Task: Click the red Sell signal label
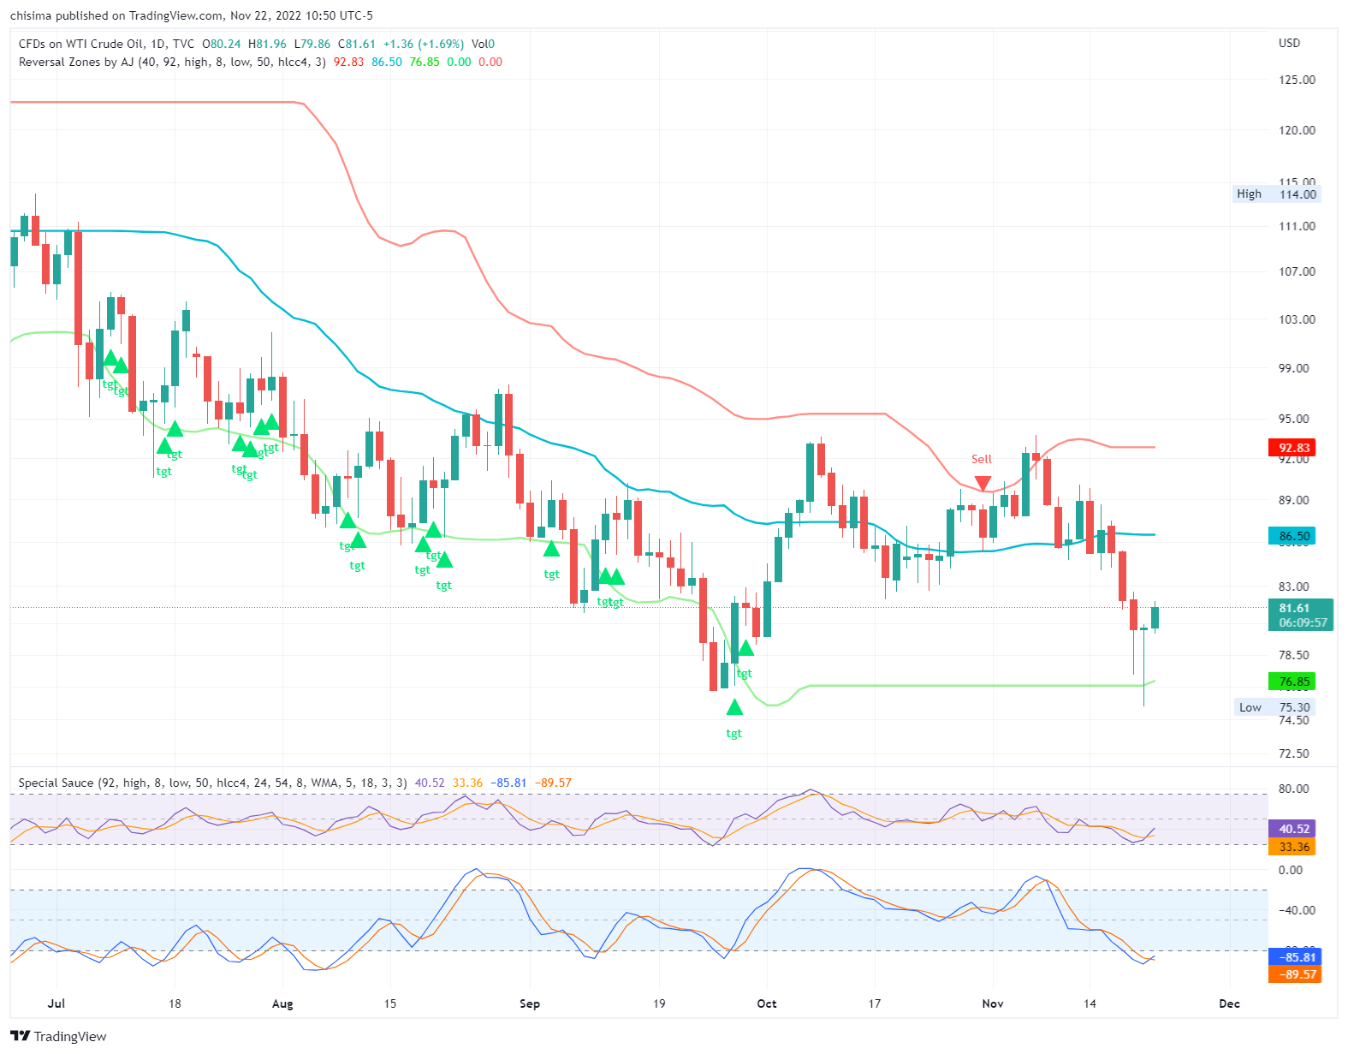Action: [982, 460]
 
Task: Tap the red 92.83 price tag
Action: [1294, 448]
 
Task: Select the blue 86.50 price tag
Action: [1294, 537]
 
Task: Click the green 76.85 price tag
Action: [1294, 682]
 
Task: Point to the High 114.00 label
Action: [1277, 194]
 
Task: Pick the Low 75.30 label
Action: [1275, 707]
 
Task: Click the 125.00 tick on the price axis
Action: [1297, 80]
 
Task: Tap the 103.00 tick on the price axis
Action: [1297, 319]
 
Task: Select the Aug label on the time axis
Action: [282, 1003]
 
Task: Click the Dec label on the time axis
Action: [1229, 1003]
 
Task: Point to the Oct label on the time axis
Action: [767, 1003]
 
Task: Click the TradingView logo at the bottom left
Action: [59, 1037]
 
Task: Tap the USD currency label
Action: [1289, 43]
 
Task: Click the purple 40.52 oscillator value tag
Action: [1294, 829]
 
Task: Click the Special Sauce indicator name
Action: [56, 783]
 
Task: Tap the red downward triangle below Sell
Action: [983, 484]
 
